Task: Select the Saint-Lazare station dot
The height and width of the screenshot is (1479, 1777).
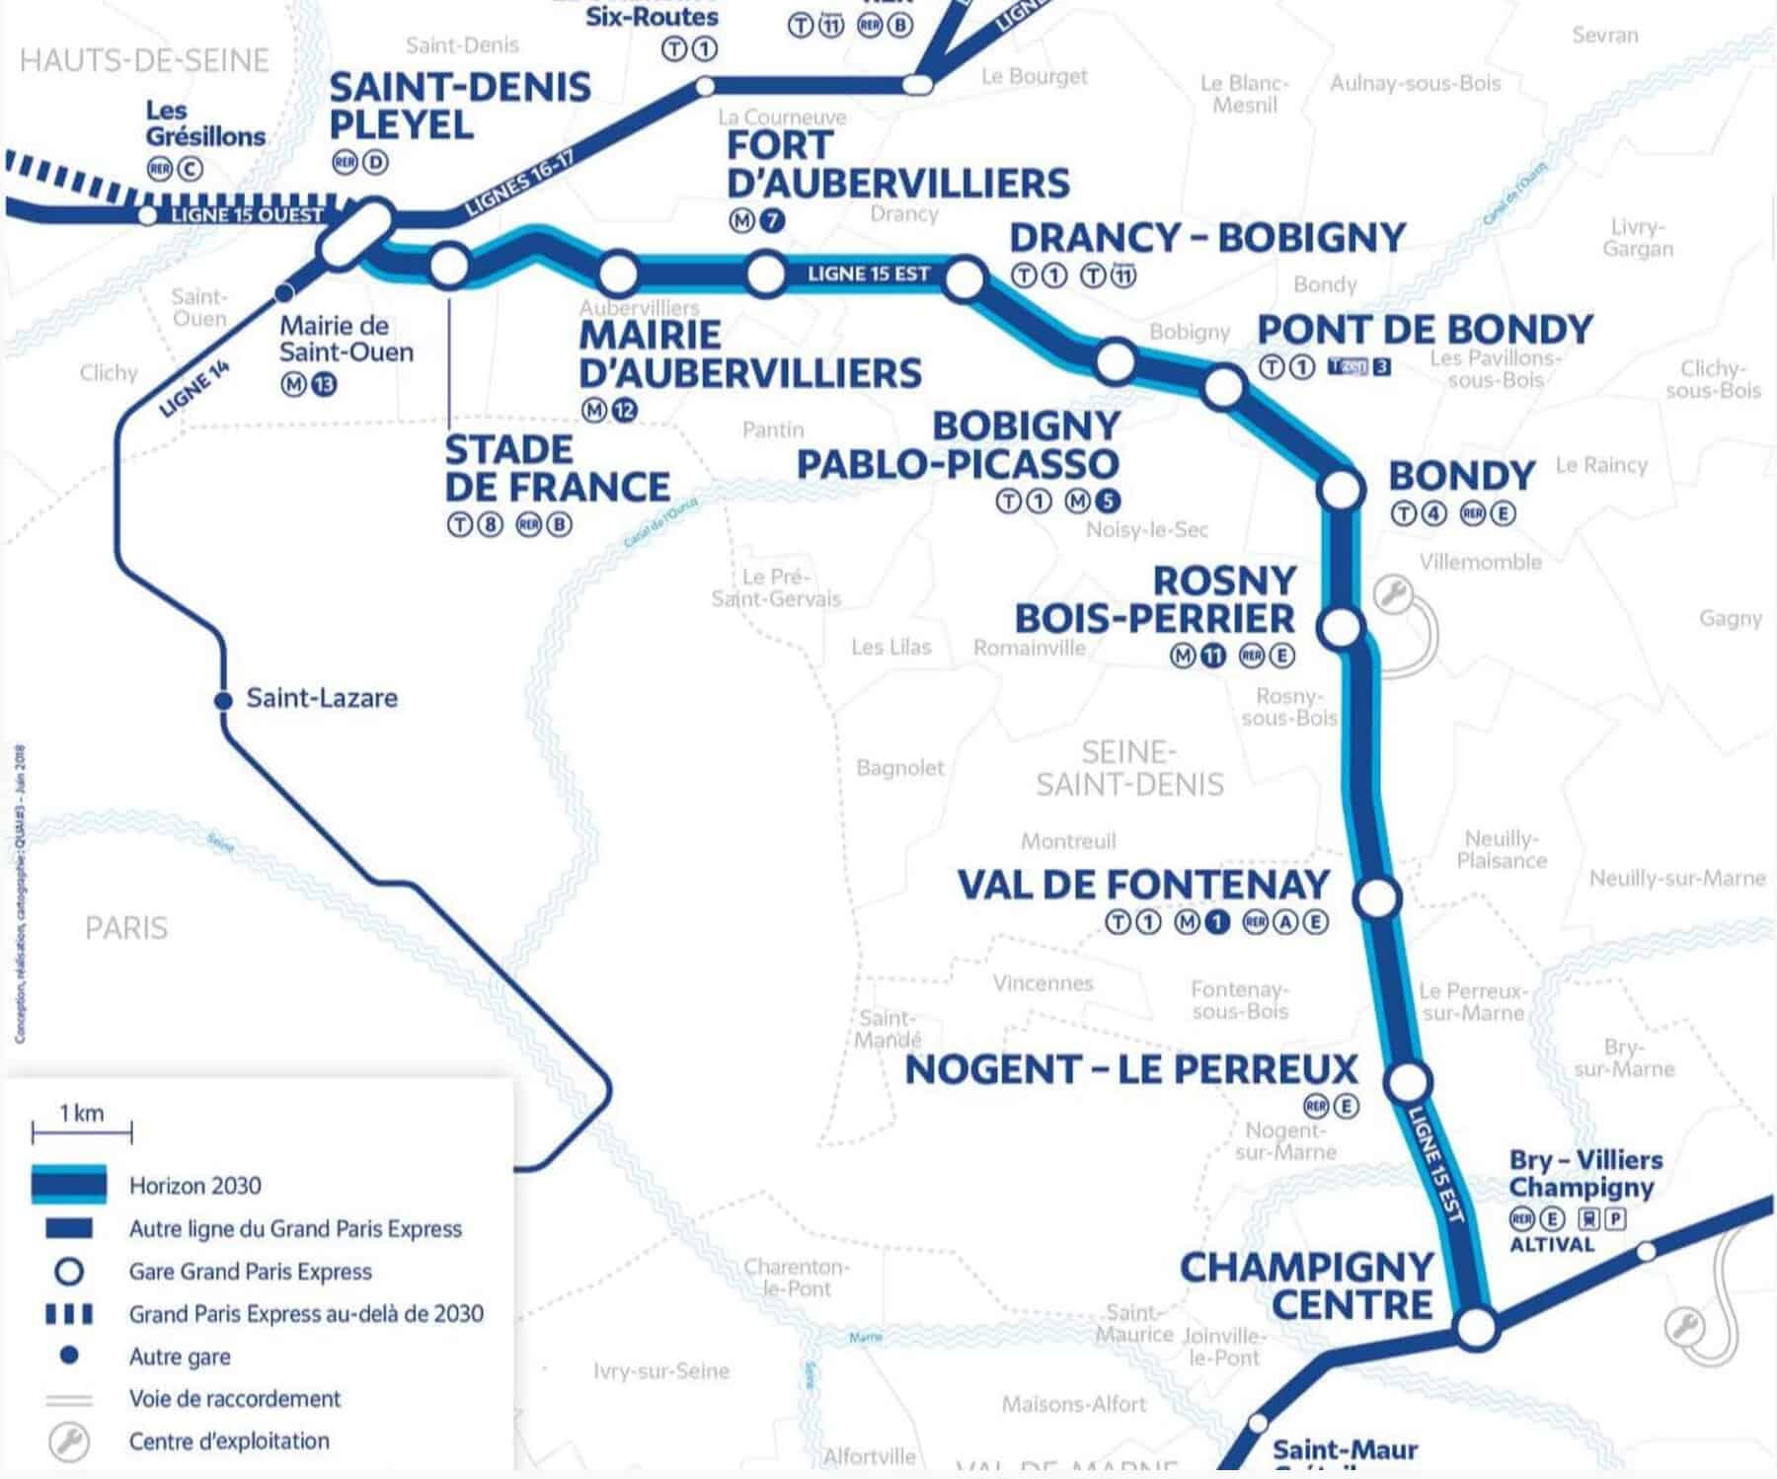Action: tap(223, 700)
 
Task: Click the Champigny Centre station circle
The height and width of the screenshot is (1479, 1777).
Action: tap(1477, 1327)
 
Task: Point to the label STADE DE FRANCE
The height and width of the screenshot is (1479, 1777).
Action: tap(557, 469)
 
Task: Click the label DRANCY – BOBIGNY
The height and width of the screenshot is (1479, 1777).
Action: tap(1206, 238)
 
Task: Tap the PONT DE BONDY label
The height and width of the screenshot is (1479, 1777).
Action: tap(1425, 330)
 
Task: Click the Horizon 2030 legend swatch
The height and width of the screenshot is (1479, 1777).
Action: tap(68, 1185)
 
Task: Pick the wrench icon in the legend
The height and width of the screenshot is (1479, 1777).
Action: tap(68, 1441)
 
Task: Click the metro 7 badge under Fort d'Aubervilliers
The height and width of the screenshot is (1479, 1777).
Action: tap(772, 221)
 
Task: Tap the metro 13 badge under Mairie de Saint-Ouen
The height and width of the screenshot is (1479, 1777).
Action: tap(323, 384)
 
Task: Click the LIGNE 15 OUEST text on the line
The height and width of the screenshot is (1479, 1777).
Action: tap(247, 215)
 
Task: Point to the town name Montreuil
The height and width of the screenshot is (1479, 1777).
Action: tap(1068, 841)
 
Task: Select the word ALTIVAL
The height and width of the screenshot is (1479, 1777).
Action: tap(1551, 1245)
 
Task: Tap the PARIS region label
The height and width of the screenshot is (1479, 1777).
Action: tap(126, 928)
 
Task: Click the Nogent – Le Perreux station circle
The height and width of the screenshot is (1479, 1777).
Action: tap(1408, 1082)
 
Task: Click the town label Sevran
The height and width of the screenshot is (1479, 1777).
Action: tap(1604, 36)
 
